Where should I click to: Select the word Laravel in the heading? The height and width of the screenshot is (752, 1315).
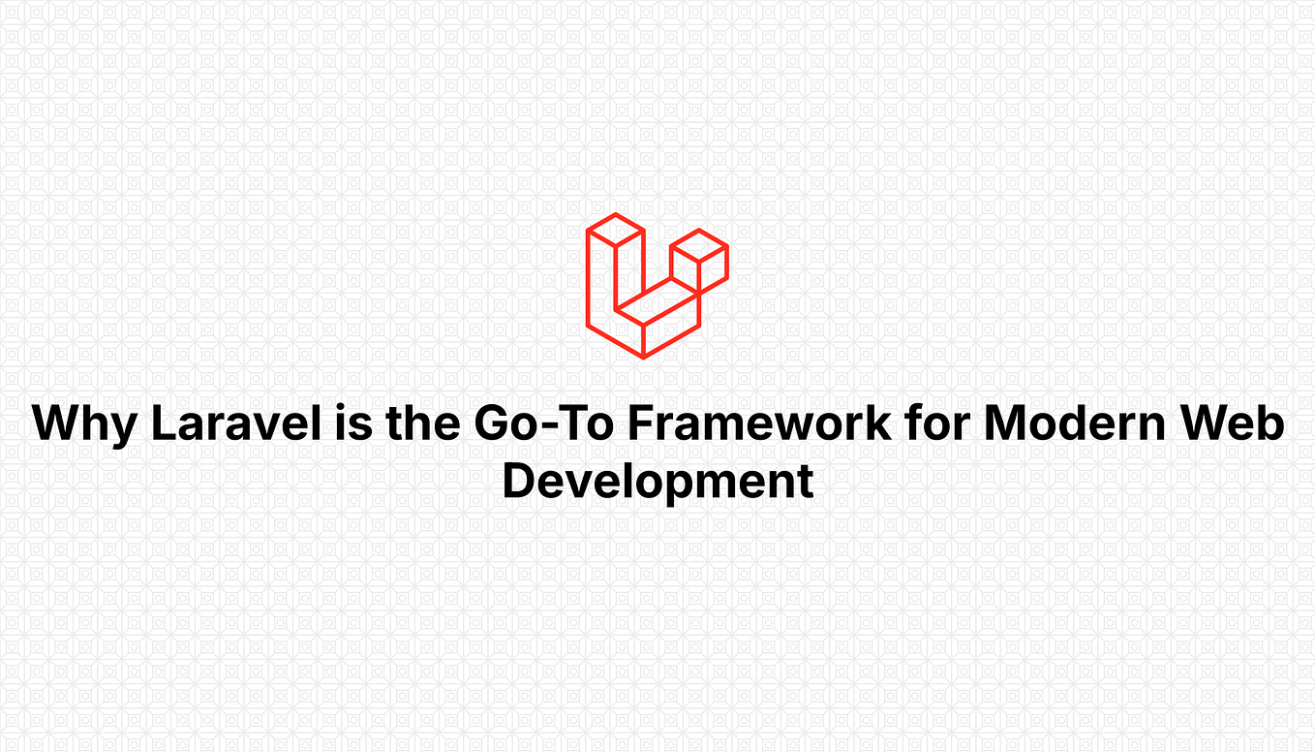click(228, 424)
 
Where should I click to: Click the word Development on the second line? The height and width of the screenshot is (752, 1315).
click(657, 482)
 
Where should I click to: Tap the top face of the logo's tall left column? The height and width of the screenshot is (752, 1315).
click(615, 230)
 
